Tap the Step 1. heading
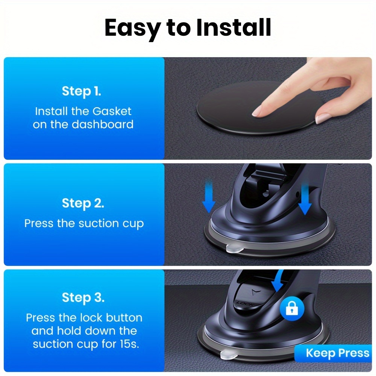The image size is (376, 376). [x=81, y=91]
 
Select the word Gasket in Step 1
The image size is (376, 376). [x=112, y=111]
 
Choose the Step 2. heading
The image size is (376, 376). [x=83, y=203]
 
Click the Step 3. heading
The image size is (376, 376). [x=83, y=297]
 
